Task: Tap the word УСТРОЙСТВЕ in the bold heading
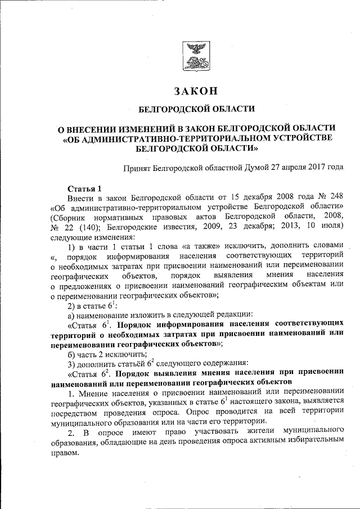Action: coord(299,138)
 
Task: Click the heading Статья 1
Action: coord(84,188)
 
